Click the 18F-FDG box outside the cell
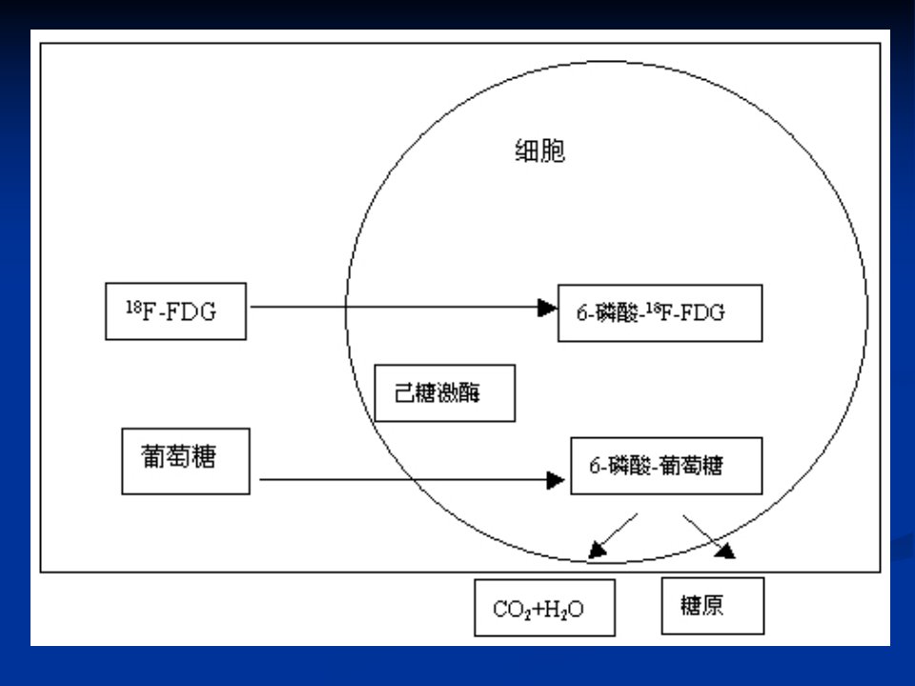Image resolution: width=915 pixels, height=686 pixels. click(175, 312)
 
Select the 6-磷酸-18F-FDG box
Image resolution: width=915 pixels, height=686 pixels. click(660, 313)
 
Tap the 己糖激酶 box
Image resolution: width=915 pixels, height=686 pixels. click(445, 393)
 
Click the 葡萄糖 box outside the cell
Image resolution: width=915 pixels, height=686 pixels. click(186, 461)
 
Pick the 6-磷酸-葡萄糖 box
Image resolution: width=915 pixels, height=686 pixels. click(666, 466)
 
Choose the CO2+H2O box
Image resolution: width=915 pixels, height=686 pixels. click(544, 608)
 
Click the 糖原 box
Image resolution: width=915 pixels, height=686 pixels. click(713, 606)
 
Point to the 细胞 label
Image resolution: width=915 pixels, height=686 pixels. click(539, 151)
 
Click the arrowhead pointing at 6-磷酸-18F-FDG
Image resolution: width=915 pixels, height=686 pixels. click(547, 308)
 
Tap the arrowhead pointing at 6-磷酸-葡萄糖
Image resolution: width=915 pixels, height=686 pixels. click(556, 480)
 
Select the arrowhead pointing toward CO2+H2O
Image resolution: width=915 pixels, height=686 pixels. click(597, 550)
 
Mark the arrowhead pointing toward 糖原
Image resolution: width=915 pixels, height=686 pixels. click(726, 551)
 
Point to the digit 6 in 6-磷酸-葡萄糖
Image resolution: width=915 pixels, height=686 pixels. click(595, 466)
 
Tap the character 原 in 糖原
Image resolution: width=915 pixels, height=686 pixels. click(713, 606)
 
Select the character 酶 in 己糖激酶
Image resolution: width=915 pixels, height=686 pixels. click(469, 393)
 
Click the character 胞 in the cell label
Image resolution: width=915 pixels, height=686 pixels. click(553, 151)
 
